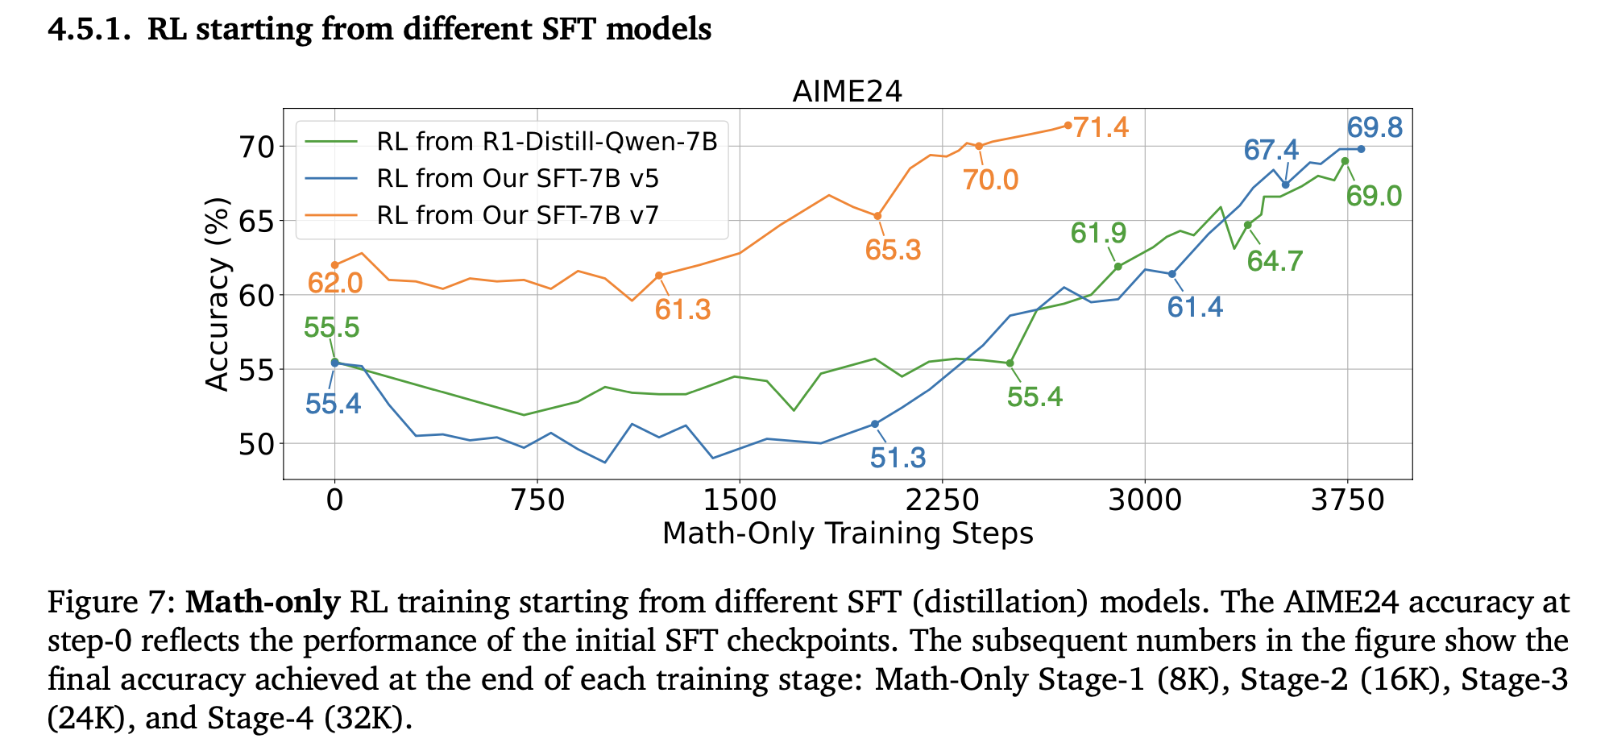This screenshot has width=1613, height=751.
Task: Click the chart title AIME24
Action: [847, 91]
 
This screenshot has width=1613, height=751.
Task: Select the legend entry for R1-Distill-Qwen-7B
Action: [546, 142]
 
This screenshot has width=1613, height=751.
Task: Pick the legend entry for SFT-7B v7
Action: [517, 215]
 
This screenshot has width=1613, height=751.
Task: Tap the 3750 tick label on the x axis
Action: [1347, 500]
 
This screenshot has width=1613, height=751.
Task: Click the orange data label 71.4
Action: [1101, 127]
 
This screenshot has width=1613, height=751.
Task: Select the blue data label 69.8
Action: [1375, 128]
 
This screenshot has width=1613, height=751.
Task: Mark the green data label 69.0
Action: [1374, 196]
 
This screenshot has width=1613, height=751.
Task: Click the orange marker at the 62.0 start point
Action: [334, 265]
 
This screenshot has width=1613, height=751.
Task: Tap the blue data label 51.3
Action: [898, 458]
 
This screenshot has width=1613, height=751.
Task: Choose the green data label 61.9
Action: [1098, 234]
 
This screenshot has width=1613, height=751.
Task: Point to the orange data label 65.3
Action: [893, 250]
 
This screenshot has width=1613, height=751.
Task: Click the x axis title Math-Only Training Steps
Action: [848, 533]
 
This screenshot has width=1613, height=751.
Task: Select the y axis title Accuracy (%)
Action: [218, 294]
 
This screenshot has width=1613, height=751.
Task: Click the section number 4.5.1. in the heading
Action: [90, 30]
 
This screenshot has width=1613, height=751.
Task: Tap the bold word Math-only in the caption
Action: [263, 603]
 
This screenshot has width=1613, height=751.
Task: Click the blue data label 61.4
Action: [1195, 307]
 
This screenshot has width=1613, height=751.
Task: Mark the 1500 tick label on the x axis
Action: [739, 500]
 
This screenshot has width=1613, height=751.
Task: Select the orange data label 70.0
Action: [990, 180]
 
